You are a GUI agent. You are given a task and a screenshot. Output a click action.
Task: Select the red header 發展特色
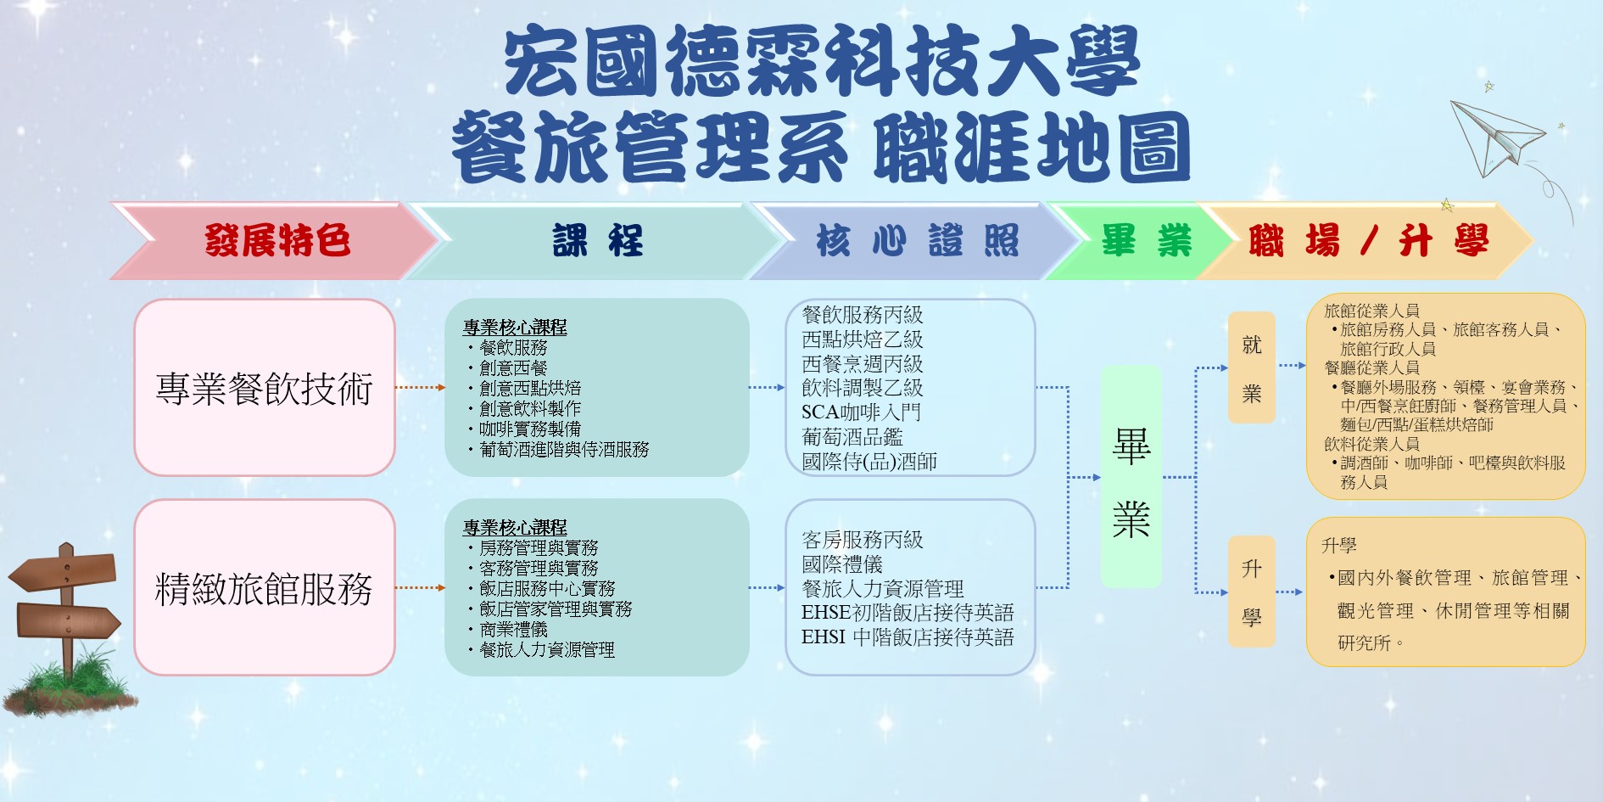tap(276, 241)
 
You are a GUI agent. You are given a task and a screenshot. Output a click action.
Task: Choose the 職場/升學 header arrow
tap(1366, 241)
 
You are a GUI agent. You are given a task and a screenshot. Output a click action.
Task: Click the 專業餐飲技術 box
tap(265, 387)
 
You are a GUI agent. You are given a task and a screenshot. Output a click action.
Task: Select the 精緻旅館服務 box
tap(265, 587)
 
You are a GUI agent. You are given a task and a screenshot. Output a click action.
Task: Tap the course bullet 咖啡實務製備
tap(529, 429)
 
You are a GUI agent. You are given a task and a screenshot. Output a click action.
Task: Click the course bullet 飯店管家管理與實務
tap(555, 609)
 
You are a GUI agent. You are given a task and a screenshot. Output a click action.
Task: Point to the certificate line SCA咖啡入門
tap(861, 412)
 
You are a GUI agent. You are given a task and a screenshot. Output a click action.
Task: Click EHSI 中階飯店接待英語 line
tap(908, 637)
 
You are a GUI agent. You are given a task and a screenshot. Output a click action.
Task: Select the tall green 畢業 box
tap(1131, 477)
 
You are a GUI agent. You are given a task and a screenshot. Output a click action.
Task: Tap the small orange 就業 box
tap(1252, 367)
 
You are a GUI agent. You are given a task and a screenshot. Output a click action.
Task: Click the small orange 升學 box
tap(1252, 592)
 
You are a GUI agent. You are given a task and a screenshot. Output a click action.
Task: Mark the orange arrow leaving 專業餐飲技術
tap(421, 387)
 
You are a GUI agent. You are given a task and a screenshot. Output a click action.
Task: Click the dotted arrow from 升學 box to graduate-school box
tap(1289, 592)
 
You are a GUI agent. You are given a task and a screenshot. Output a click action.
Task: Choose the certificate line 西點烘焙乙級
tap(863, 339)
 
